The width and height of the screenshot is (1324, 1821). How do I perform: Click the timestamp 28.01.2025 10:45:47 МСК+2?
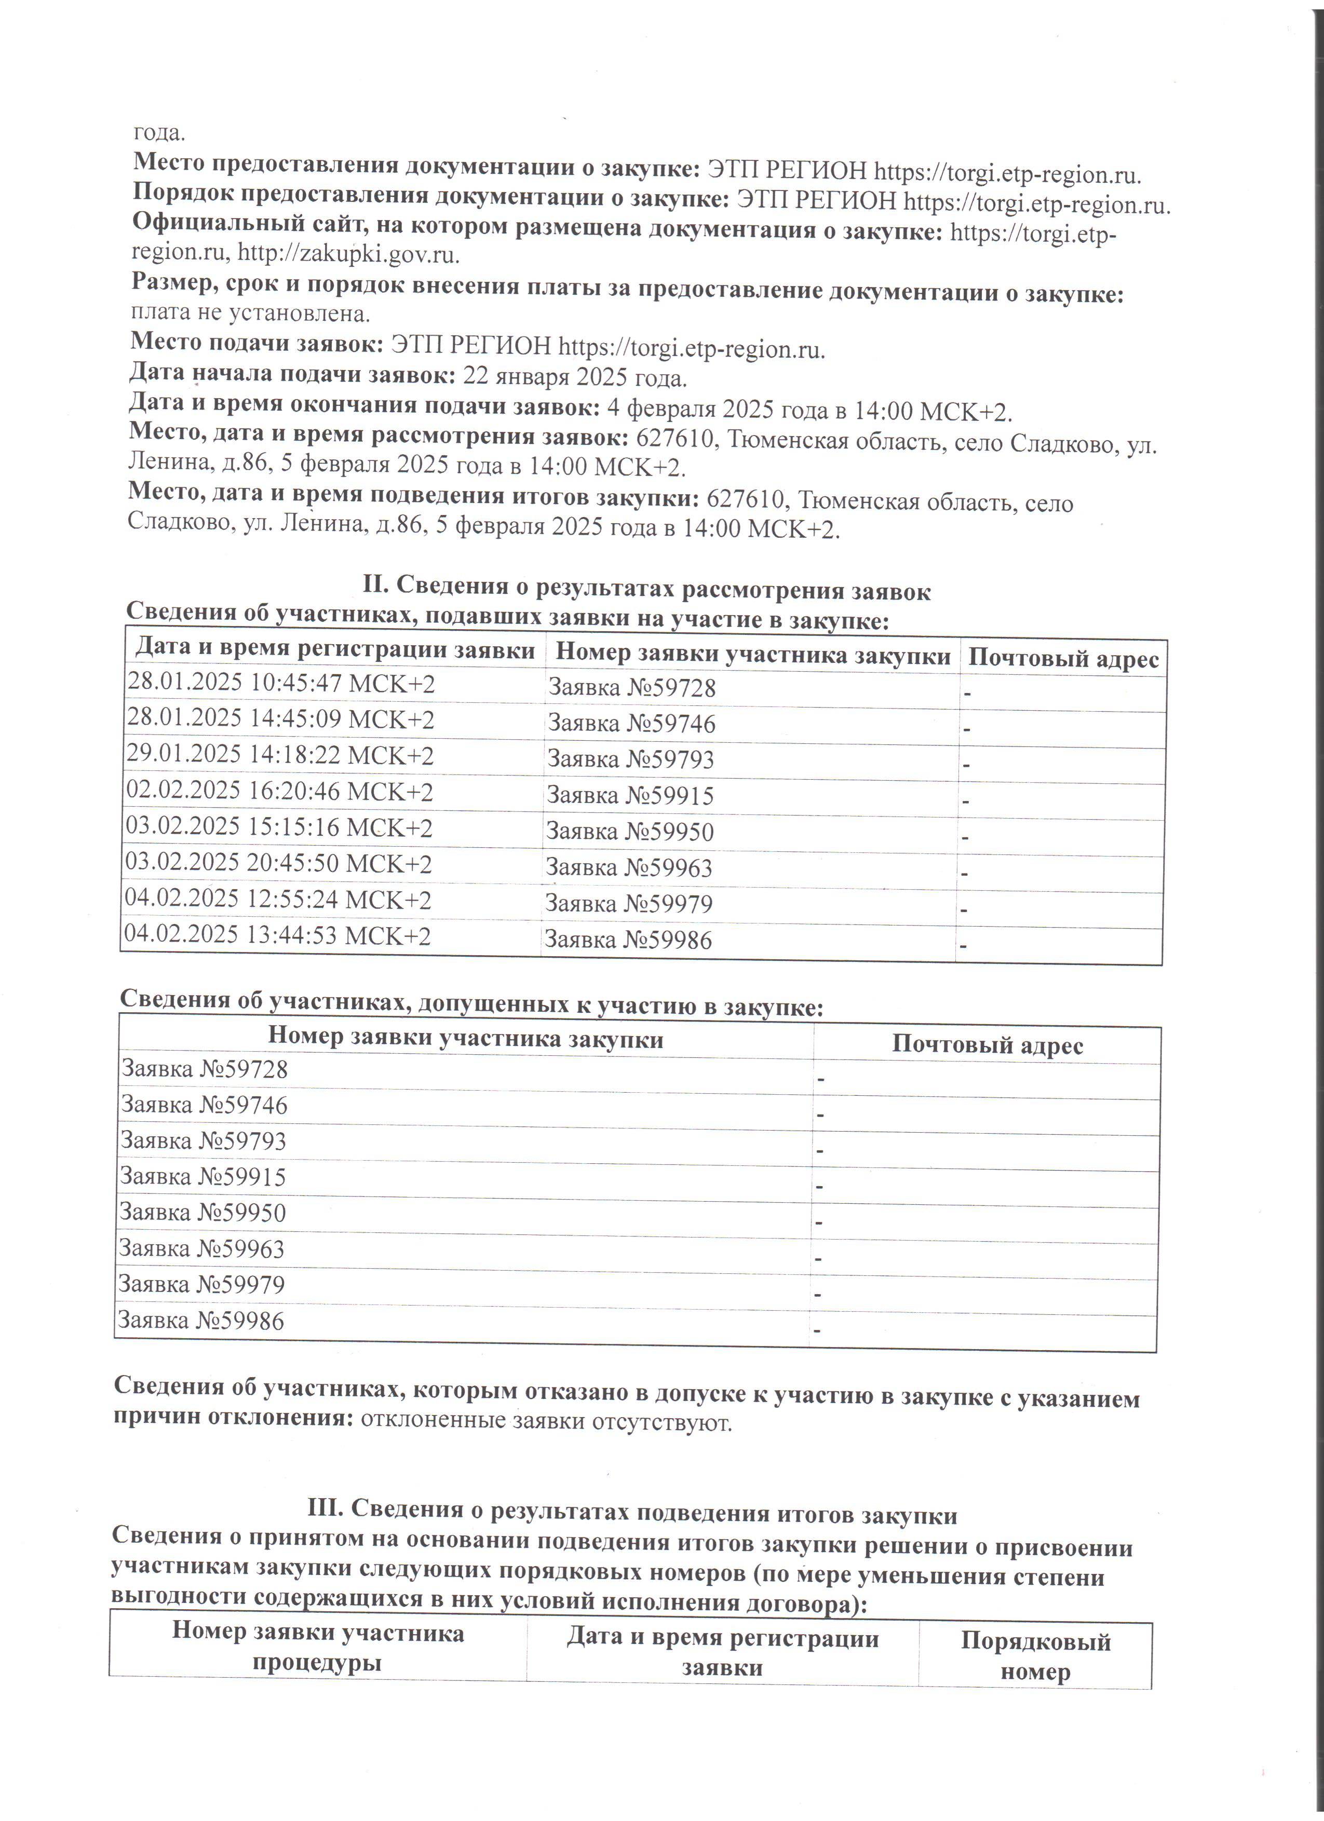point(281,684)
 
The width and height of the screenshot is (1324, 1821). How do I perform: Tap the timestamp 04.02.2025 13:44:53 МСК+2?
point(278,935)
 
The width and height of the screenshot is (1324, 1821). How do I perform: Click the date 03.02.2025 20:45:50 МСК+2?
point(279,863)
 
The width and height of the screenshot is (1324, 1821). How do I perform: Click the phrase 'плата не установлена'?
point(250,313)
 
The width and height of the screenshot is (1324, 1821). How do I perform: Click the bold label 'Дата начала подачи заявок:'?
point(292,374)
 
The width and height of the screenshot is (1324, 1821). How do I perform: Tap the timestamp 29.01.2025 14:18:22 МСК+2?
point(280,755)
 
